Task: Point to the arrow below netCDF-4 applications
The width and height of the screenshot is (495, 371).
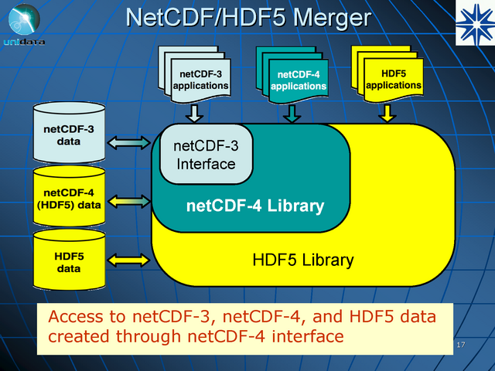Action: (292, 114)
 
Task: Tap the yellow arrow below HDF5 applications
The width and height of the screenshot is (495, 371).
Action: (387, 114)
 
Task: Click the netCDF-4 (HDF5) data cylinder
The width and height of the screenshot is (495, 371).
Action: (69, 198)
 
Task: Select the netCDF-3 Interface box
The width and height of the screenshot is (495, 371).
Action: (206, 155)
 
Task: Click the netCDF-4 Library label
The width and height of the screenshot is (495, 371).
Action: (254, 206)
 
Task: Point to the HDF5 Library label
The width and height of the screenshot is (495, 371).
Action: (303, 260)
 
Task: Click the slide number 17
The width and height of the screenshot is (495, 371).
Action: (460, 344)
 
